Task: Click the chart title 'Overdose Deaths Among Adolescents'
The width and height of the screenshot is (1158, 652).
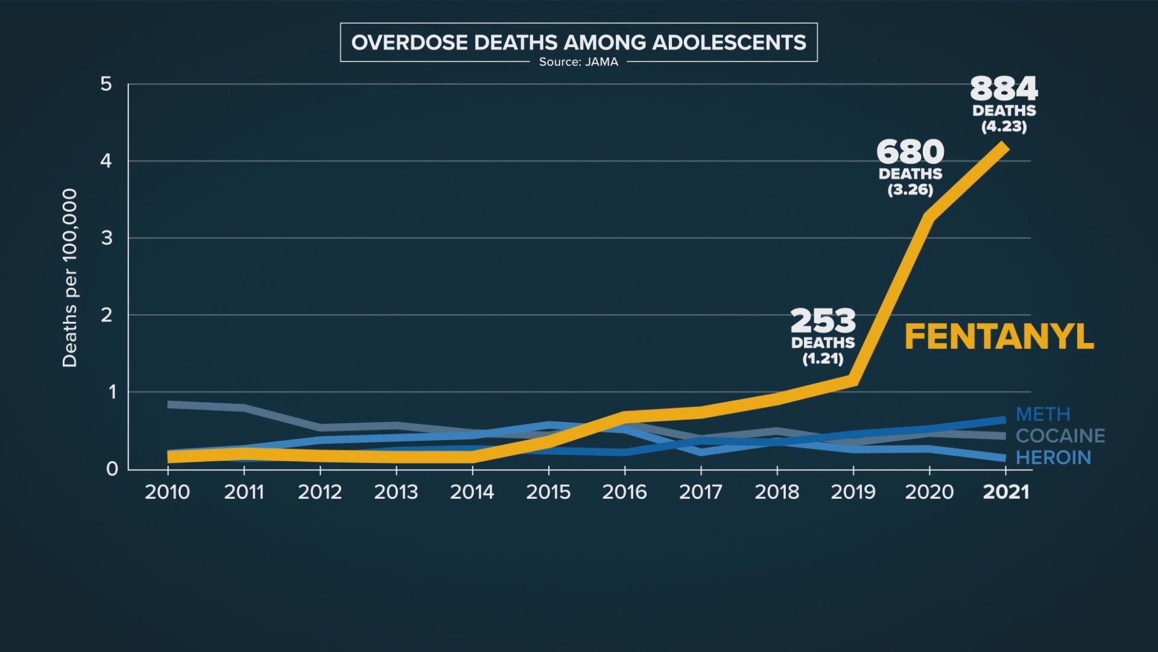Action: click(578, 43)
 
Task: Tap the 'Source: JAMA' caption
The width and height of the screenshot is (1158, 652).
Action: click(578, 62)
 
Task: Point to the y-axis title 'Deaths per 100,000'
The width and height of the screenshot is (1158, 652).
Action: click(70, 278)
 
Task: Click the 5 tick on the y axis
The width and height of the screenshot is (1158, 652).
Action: click(107, 84)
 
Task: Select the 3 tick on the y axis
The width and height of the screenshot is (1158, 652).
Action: click(107, 238)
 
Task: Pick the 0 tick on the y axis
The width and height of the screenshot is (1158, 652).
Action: click(112, 469)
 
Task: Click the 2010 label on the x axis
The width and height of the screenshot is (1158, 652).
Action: click(167, 492)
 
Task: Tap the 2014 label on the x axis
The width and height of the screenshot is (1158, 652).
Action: click(472, 492)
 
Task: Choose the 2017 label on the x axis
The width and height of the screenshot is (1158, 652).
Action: click(701, 492)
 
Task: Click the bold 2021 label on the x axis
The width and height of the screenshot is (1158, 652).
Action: click(1006, 492)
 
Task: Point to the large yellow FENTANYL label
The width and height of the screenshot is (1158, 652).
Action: click(999, 337)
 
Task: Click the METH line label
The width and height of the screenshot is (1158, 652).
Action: click(1043, 415)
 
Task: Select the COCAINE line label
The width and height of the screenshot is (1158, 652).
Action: click(1060, 436)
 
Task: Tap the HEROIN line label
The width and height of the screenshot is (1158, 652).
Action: click(1053, 458)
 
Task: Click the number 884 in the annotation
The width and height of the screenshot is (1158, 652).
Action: click(1004, 89)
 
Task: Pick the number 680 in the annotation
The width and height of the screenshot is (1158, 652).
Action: click(910, 152)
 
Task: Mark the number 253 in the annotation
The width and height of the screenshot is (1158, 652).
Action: click(823, 321)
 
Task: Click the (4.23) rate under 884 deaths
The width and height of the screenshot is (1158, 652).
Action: click(1004, 127)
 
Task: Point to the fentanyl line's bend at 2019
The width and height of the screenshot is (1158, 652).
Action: click(853, 380)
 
